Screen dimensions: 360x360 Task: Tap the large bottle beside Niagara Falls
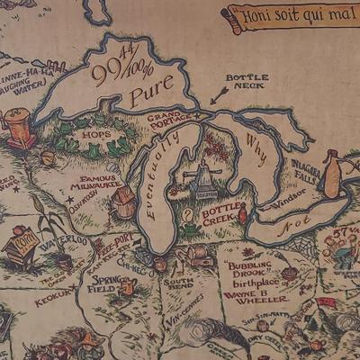pos(332,175)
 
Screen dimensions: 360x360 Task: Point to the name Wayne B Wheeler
pos(257,294)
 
